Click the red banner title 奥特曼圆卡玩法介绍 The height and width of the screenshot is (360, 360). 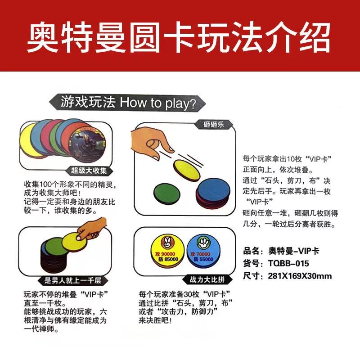179,37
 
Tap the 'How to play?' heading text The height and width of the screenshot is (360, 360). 158,103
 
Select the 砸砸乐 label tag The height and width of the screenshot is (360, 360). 213,125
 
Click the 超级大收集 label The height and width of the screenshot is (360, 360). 89,171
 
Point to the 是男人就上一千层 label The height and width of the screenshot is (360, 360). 72,280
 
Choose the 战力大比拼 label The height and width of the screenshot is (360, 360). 207,279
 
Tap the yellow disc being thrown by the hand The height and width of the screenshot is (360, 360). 186,170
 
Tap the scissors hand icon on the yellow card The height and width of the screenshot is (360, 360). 167,243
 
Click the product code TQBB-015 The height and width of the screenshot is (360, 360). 288,263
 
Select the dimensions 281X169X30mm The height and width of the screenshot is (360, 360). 300,276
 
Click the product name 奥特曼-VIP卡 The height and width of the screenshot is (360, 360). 294,251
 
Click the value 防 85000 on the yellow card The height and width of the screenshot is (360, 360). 168,259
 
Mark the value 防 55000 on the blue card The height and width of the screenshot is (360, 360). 203,259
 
